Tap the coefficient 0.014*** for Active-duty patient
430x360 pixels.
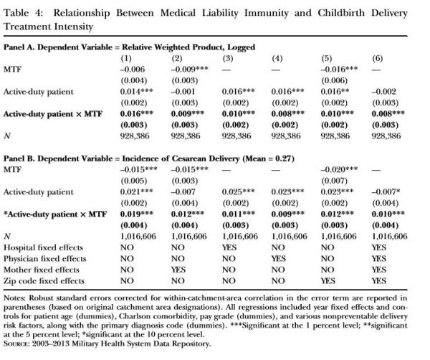[130, 92]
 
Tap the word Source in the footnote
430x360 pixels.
[18, 346]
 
